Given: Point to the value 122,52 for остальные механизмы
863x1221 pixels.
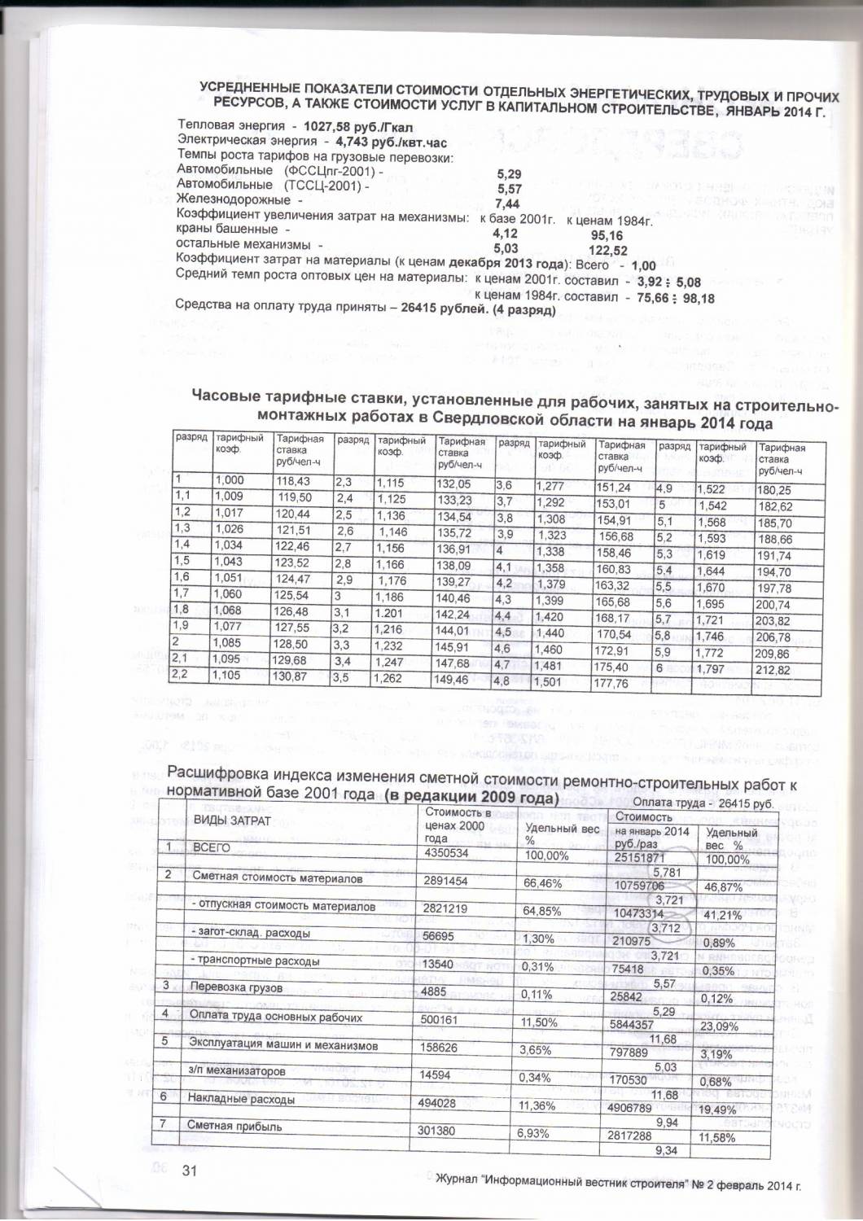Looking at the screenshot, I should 607,250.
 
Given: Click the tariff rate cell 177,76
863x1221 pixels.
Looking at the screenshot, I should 612,684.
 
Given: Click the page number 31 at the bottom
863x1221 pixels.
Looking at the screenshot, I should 191,1171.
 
